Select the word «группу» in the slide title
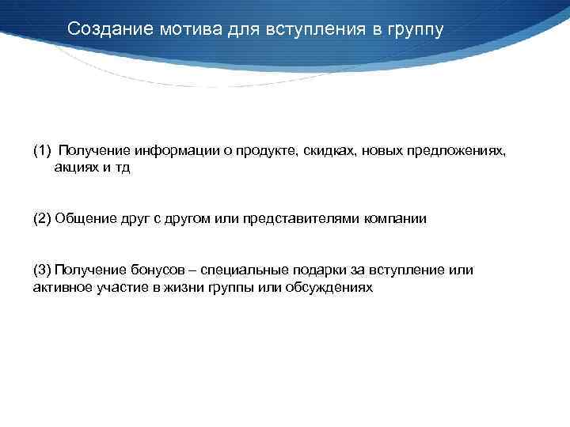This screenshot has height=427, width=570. pyautogui.click(x=416, y=29)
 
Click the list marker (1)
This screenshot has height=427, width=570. pyautogui.click(x=42, y=150)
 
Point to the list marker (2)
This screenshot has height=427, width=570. pyautogui.click(x=42, y=219)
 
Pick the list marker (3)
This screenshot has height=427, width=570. pyautogui.click(x=42, y=270)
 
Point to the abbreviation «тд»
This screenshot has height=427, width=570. pyautogui.click(x=120, y=168)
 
